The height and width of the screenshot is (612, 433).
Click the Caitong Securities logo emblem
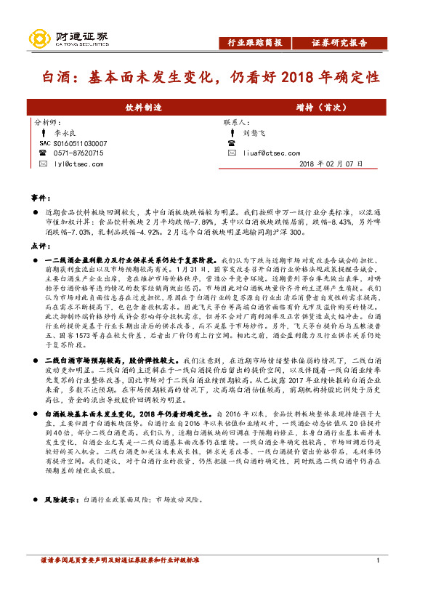click(37, 39)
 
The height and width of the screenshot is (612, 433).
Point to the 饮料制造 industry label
click(144, 108)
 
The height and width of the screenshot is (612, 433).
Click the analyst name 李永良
click(65, 134)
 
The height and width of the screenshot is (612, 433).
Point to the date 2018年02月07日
click(331, 164)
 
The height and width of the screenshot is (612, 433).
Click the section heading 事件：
click(40, 198)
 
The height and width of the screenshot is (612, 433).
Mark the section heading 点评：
click(40, 246)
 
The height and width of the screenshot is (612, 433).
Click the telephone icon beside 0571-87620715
click(44, 153)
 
